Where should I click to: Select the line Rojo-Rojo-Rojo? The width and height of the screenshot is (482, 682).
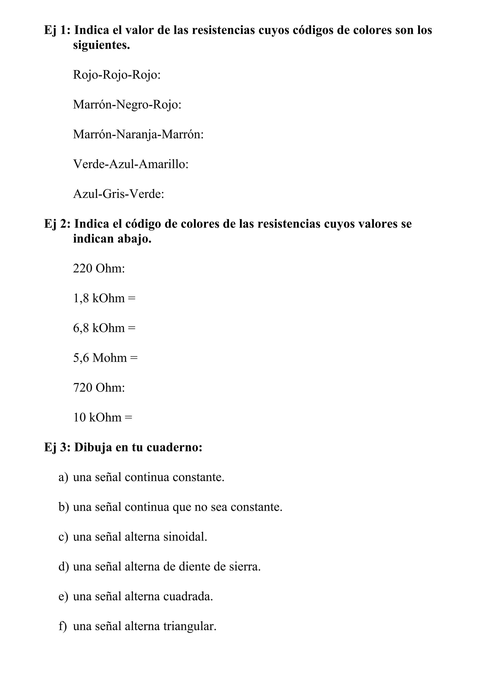pos(117,75)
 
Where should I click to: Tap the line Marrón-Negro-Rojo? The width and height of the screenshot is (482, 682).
pos(127,104)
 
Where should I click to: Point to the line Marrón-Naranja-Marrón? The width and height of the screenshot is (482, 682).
pos(138,134)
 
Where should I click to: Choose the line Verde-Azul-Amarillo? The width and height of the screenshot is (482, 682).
pos(131,164)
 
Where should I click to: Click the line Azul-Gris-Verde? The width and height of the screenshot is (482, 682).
pos(118,194)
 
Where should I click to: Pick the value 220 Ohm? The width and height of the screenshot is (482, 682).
pos(99,269)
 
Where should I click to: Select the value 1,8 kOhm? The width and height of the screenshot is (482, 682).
pos(99,298)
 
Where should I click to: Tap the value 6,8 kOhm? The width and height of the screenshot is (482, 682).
pos(99,328)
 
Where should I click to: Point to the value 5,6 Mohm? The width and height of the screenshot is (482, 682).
pos(100,358)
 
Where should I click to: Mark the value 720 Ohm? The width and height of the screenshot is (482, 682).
pos(99,388)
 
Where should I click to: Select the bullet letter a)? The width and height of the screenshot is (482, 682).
pos(63,477)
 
